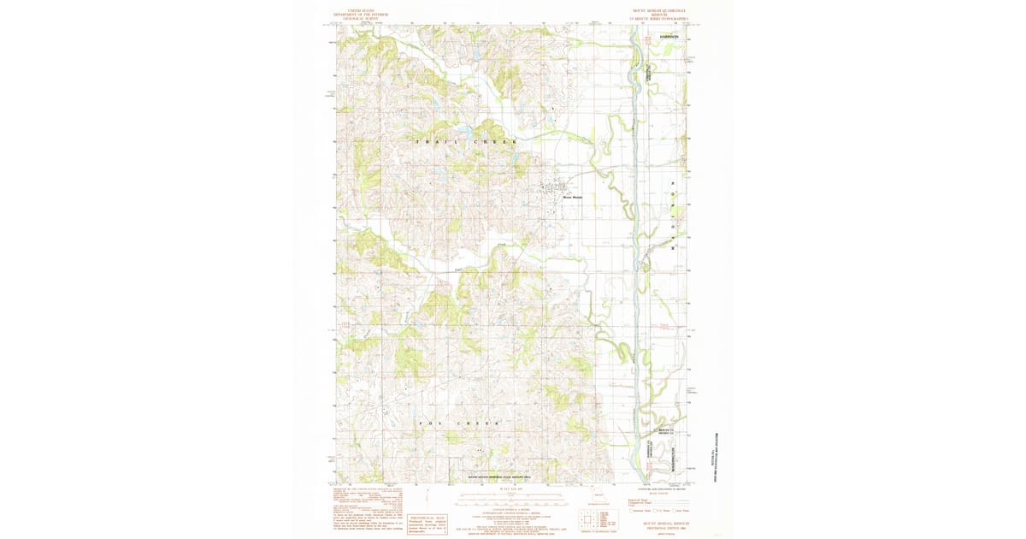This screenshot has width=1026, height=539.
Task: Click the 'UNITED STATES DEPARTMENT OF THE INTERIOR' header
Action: [x=360, y=14]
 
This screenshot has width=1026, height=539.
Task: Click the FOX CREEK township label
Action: [x=458, y=423]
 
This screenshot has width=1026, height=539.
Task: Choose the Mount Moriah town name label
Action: [x=571, y=198]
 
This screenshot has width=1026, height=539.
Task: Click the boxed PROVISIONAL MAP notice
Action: [x=427, y=523]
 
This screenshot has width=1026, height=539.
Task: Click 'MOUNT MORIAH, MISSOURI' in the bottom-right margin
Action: [x=663, y=521]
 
